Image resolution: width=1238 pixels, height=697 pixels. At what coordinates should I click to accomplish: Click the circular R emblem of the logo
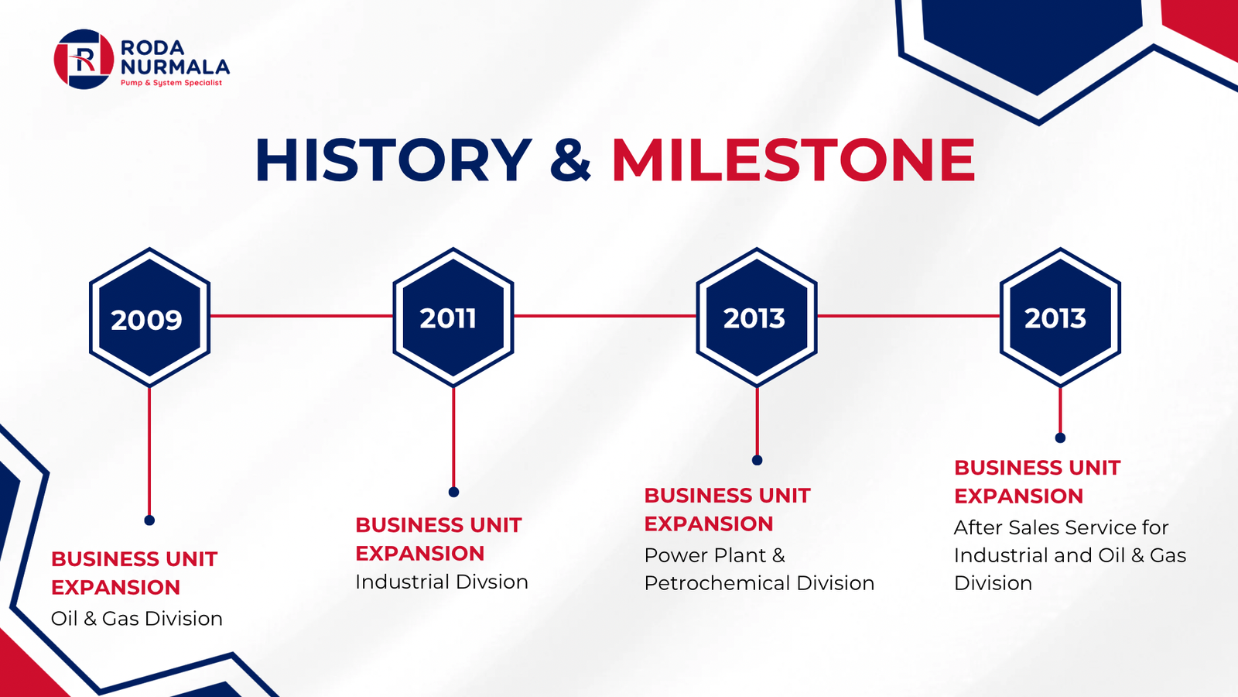pyautogui.click(x=84, y=59)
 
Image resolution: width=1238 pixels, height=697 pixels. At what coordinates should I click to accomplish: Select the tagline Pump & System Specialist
pyautogui.click(x=171, y=83)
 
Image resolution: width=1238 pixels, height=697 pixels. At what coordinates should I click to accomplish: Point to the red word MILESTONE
pyautogui.click(x=794, y=160)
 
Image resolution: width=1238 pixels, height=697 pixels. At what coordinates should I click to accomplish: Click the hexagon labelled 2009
pyautogui.click(x=149, y=317)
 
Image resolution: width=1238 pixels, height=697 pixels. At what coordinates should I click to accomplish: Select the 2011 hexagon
pyautogui.click(x=453, y=317)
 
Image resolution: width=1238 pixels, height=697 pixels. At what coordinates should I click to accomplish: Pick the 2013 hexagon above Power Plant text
pyautogui.click(x=757, y=317)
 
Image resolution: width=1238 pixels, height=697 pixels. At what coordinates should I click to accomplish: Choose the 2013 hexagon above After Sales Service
pyautogui.click(x=1060, y=317)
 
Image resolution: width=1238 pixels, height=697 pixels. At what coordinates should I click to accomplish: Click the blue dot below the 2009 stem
pyautogui.click(x=149, y=520)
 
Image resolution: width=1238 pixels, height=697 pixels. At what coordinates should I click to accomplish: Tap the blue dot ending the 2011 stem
pyautogui.click(x=453, y=492)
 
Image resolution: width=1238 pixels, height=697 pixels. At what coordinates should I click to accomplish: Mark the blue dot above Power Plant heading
pyautogui.click(x=758, y=460)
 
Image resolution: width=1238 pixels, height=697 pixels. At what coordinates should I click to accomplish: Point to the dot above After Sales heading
pyautogui.click(x=1060, y=438)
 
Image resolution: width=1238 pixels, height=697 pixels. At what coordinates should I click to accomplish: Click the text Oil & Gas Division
pyautogui.click(x=136, y=619)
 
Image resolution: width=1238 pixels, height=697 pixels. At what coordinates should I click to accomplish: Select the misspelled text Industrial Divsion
pyautogui.click(x=442, y=582)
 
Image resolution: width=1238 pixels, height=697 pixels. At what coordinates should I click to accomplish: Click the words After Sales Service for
pyautogui.click(x=1061, y=527)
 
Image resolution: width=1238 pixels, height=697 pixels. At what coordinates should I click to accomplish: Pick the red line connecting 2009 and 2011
pyautogui.click(x=302, y=316)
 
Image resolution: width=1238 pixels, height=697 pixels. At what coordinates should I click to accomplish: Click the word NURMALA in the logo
pyautogui.click(x=175, y=67)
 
